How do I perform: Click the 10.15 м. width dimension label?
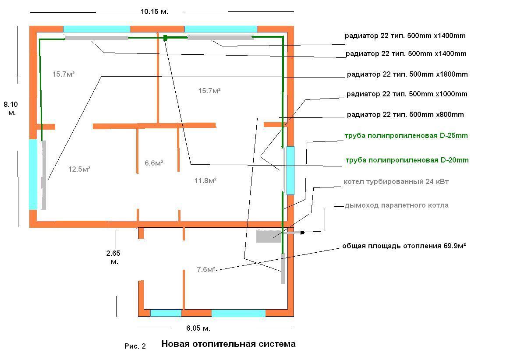(x=154, y=12)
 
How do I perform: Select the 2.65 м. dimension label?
(x=113, y=258)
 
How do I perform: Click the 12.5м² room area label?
(x=79, y=169)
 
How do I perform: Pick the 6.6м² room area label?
(x=154, y=163)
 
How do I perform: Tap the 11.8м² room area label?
(x=205, y=180)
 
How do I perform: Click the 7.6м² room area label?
(x=205, y=269)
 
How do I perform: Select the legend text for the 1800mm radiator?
(x=407, y=74)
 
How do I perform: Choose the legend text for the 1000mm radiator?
(x=407, y=94)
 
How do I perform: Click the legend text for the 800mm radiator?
(x=405, y=115)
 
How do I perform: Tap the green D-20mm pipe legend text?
(x=407, y=160)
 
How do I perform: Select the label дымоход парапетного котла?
(x=397, y=205)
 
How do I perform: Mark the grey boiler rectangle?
(x=269, y=236)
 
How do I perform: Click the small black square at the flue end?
(x=302, y=233)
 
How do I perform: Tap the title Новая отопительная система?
(x=228, y=344)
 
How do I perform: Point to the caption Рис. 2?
(x=135, y=346)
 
